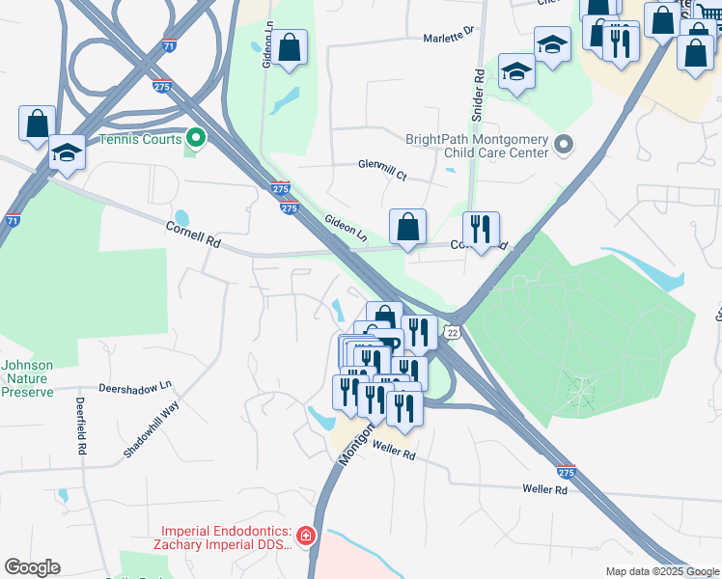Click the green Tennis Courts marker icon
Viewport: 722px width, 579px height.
click(196, 139)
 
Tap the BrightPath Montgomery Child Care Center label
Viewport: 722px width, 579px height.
click(477, 147)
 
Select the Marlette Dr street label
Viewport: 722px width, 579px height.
click(449, 38)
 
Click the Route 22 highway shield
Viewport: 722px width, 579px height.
click(453, 331)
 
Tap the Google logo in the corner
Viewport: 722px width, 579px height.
click(32, 567)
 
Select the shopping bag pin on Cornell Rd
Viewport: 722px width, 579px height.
click(408, 228)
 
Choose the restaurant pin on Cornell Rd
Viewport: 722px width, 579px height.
click(481, 230)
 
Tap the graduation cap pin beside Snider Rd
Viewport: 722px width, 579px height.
click(517, 71)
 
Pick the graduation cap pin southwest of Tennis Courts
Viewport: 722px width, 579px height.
click(68, 153)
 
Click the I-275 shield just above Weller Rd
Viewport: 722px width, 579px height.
click(567, 473)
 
